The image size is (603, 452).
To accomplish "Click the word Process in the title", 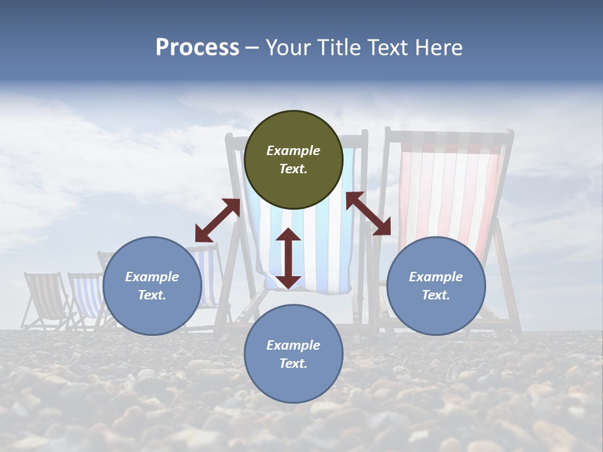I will [197, 48].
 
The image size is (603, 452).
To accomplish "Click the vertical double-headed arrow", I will [288, 258].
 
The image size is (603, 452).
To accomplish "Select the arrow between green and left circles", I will [217, 220].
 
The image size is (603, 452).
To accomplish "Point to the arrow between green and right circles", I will [368, 213].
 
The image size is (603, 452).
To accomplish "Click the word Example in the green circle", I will [293, 151].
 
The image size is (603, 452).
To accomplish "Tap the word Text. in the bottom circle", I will [293, 363].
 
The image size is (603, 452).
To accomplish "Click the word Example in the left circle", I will [152, 277].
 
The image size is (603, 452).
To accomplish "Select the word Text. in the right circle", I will [436, 295].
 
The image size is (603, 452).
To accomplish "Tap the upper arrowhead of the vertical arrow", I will [288, 235].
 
